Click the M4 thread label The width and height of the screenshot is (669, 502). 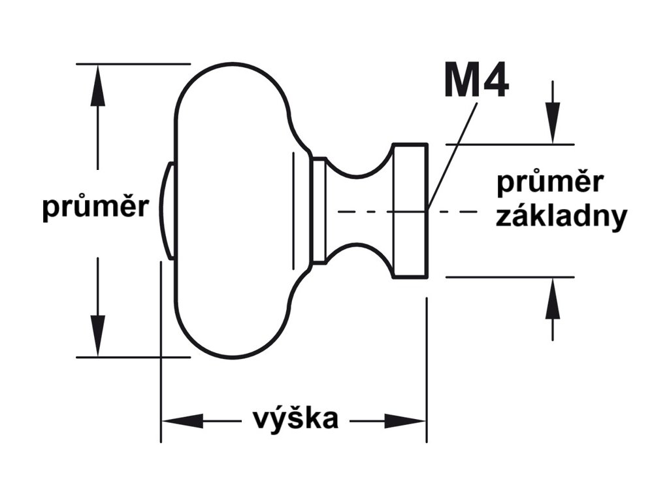coord(476,80)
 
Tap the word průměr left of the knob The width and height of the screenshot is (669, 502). coord(95,209)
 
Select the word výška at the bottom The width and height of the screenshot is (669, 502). coord(295,419)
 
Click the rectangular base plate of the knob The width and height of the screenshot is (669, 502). coord(410,210)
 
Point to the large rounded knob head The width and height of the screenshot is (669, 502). coord(235,210)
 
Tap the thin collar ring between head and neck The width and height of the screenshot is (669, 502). coord(318,210)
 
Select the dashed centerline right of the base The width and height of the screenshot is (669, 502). coord(457,211)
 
